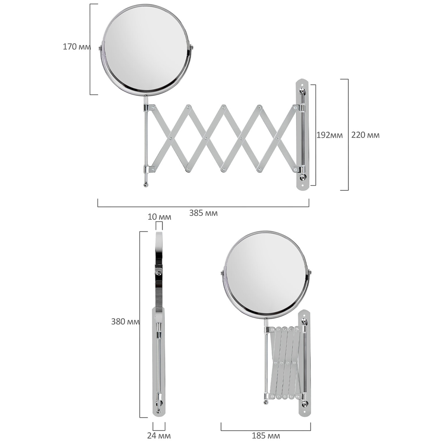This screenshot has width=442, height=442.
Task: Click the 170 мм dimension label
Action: point(77,47)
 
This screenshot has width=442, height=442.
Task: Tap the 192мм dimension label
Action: point(329,135)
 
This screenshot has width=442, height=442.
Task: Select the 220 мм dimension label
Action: point(365,135)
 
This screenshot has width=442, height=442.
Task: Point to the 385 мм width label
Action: point(203,213)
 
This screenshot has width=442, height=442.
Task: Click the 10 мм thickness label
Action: point(159,217)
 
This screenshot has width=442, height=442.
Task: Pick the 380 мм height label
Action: point(125,321)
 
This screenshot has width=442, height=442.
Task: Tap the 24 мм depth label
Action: point(159,436)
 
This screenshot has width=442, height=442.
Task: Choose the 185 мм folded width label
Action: point(266,436)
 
